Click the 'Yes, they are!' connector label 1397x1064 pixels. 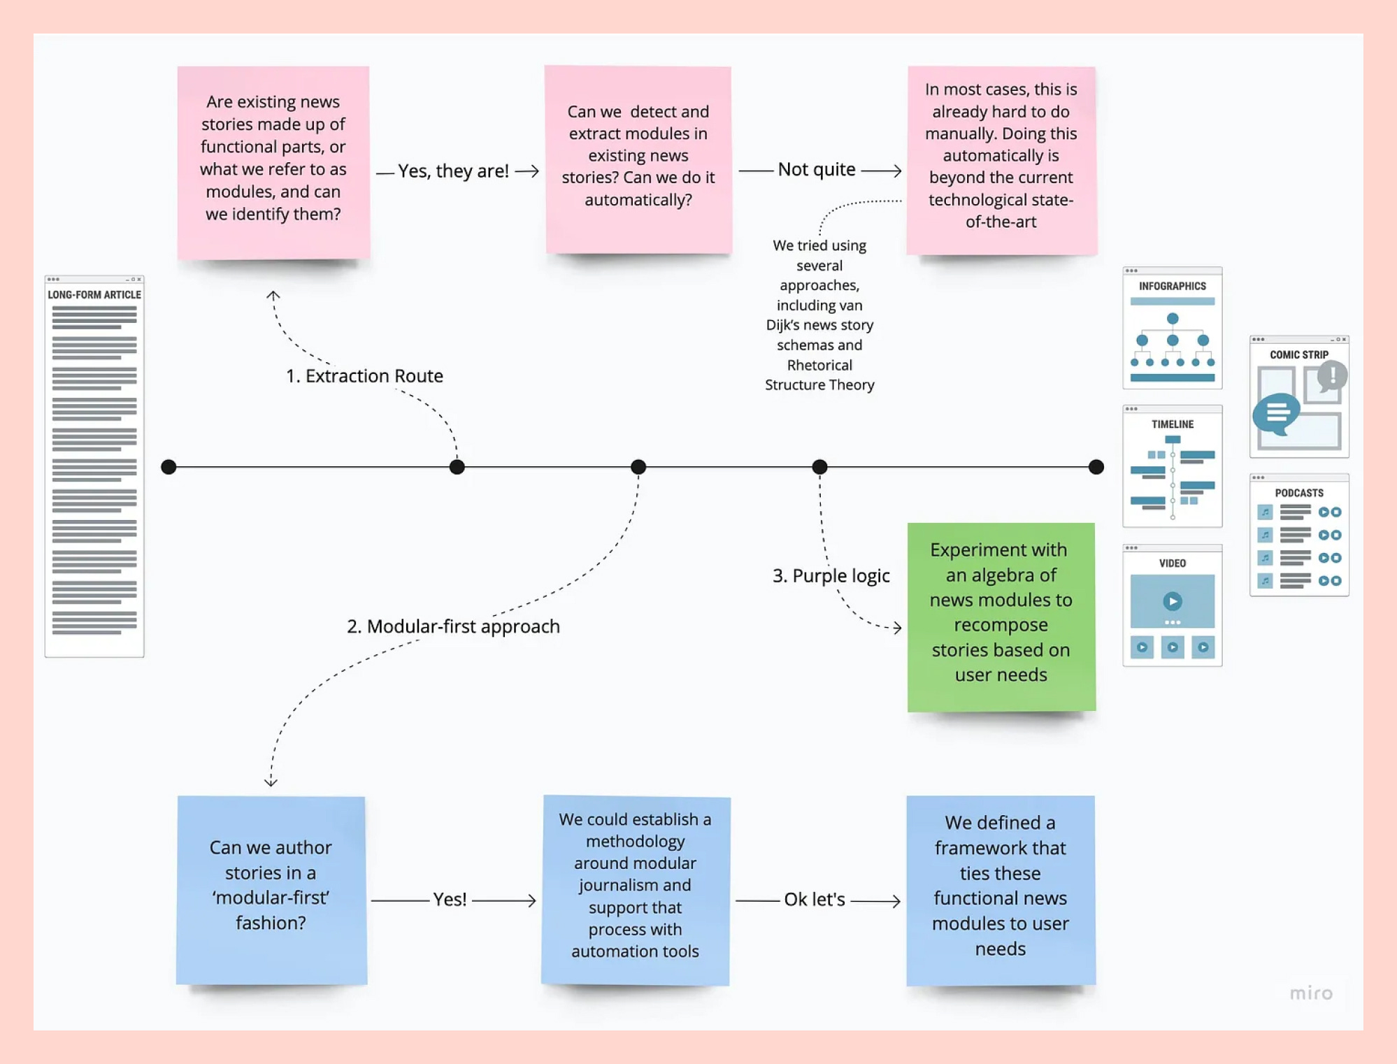click(453, 171)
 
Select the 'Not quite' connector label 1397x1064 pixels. click(817, 169)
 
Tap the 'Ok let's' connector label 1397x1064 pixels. click(815, 899)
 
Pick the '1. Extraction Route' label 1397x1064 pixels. click(364, 376)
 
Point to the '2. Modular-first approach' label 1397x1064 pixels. click(453, 626)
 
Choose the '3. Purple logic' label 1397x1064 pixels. click(831, 575)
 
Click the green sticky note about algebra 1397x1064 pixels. click(1001, 617)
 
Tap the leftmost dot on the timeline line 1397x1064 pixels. click(169, 467)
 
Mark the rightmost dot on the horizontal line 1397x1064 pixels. click(1096, 467)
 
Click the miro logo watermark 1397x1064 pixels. click(1311, 993)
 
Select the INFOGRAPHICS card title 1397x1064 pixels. click(1173, 286)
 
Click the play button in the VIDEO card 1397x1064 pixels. click(1173, 601)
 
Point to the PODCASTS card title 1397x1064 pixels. click(1299, 493)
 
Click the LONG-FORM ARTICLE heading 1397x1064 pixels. click(94, 295)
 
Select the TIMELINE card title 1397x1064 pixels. click(1173, 424)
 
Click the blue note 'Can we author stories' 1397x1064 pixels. click(271, 890)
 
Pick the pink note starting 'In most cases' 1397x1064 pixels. click(1001, 161)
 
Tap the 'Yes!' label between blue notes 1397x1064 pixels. click(450, 899)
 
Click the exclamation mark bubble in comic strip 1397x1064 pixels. click(1332, 375)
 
